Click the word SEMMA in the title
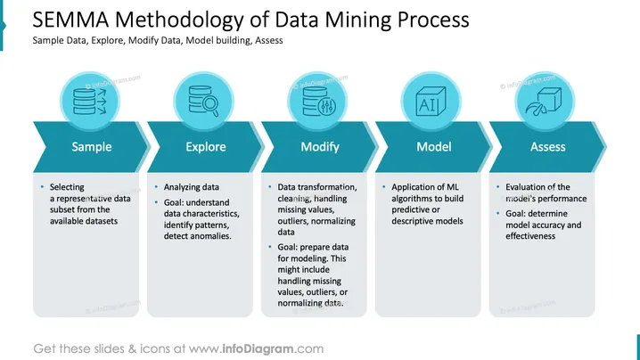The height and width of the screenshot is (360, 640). [70, 20]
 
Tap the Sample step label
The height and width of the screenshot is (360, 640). [92, 146]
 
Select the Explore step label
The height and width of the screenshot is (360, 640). [206, 146]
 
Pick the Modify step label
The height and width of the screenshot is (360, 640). [320, 146]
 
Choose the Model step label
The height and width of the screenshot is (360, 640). [434, 146]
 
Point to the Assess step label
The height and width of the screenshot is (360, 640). [548, 146]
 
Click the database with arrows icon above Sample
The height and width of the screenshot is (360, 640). [90, 102]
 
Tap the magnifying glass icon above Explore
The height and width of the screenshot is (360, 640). [203, 101]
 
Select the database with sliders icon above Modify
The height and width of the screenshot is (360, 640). [319, 102]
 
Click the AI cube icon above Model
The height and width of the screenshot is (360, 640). [431, 102]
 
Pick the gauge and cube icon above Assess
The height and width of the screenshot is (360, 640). [544, 102]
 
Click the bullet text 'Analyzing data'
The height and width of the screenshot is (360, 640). [192, 187]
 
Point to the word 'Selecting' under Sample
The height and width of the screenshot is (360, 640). [67, 187]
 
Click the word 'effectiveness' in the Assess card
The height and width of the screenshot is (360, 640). [530, 236]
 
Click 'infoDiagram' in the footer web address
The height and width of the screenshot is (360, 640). [258, 348]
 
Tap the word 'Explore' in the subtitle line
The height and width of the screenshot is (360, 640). [108, 40]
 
